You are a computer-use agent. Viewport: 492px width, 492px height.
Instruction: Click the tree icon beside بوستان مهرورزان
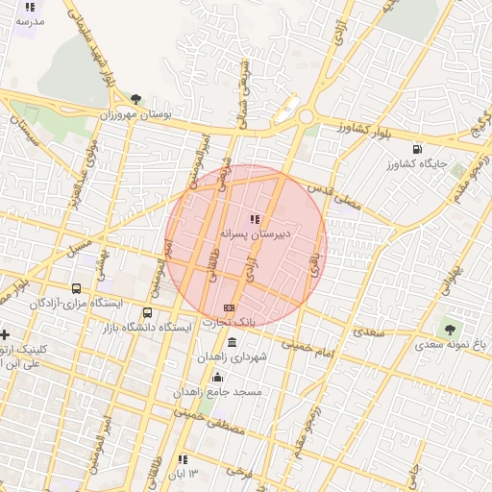pos(135,99)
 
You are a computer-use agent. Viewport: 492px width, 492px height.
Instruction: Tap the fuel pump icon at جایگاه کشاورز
pos(416,149)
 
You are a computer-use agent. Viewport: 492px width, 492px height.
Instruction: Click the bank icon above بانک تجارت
pos(229,307)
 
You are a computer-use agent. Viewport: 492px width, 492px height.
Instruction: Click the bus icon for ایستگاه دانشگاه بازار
pos(147,312)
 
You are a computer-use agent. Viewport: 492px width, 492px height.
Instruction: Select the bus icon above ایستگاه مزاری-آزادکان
pos(77,288)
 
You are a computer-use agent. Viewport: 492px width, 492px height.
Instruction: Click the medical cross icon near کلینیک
pos(6,335)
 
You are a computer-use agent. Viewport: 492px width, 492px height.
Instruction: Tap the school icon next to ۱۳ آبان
pos(183,459)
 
